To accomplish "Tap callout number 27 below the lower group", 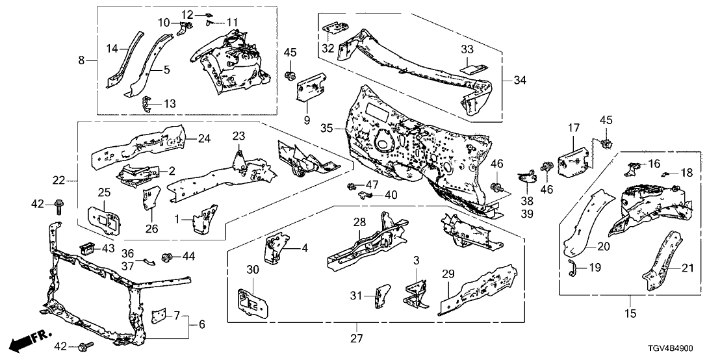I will (357, 338).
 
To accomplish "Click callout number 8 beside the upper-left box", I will (82, 60).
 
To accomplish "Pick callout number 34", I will (519, 80).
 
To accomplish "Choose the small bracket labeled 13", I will (149, 103).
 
